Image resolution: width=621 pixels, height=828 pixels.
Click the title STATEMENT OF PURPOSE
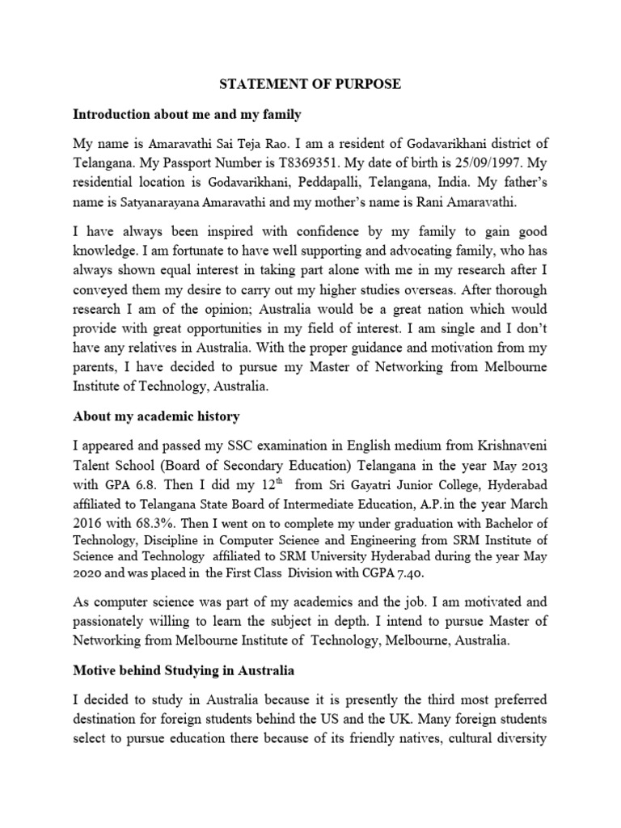310,85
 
